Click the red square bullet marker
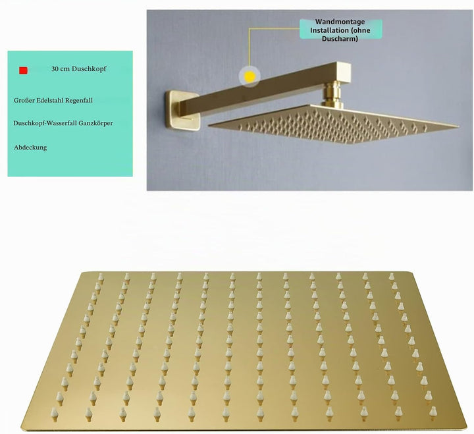[23, 70]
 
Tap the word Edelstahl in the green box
[49, 100]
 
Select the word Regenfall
[79, 101]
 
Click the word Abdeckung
[30, 148]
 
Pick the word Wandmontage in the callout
[340, 22]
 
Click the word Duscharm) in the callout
[340, 39]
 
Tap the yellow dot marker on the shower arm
[250, 76]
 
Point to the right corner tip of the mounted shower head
[458, 126]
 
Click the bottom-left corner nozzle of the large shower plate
[55, 414]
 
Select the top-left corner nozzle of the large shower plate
[101, 278]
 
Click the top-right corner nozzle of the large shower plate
[392, 276]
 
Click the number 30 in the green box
[55, 69]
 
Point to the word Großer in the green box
[24, 100]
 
